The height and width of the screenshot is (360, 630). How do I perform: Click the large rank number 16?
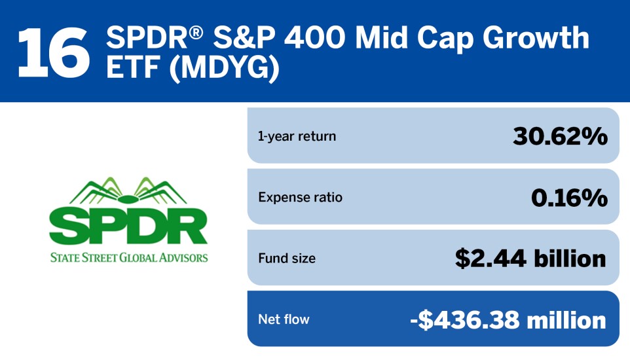(54, 53)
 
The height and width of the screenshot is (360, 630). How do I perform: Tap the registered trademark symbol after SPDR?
(196, 32)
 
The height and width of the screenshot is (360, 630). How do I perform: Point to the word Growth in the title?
(536, 38)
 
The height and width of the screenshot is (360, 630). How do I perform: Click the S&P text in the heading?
(244, 38)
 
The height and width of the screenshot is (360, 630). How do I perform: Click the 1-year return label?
(297, 136)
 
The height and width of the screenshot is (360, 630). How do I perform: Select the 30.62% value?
(560, 136)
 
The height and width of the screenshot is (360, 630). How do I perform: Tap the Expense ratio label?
(300, 197)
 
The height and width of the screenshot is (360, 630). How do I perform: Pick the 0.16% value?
(569, 198)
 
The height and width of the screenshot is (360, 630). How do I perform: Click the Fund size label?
(287, 258)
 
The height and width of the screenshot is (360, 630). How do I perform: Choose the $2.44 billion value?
(530, 259)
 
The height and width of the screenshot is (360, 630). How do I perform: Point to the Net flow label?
(284, 319)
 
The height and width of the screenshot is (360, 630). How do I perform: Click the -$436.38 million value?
(508, 320)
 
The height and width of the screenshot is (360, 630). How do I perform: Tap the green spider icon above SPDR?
(128, 192)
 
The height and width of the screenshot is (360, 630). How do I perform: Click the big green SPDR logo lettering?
(128, 226)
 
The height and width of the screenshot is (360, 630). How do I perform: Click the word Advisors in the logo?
(183, 257)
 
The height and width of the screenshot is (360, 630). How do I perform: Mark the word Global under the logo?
(138, 257)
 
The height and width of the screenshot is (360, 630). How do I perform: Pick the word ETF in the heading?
(133, 67)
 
